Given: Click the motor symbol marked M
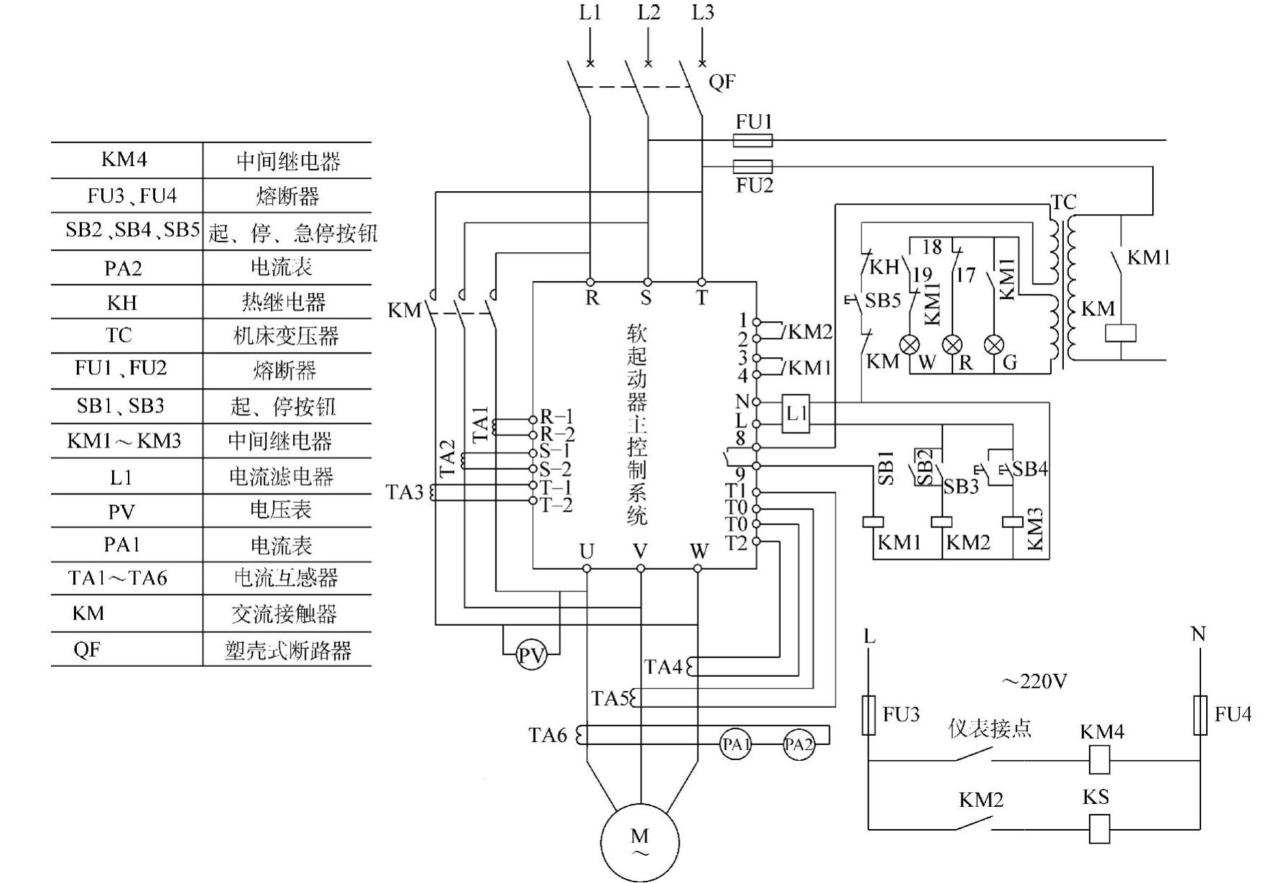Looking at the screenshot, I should click(x=639, y=842).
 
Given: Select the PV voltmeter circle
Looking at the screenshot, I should click(x=532, y=655).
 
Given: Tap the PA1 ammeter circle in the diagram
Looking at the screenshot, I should click(x=736, y=744).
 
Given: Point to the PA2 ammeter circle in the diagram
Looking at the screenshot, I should click(x=798, y=744).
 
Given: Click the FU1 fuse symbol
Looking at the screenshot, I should click(x=753, y=140).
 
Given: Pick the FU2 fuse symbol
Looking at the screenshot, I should click(x=753, y=167).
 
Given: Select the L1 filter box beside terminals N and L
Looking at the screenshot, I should click(x=796, y=413).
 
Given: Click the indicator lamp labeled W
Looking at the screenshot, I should click(x=909, y=345).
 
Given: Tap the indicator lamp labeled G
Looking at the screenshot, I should click(x=994, y=345).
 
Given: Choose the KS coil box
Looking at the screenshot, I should click(x=1100, y=828).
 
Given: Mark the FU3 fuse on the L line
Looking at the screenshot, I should click(x=869, y=715).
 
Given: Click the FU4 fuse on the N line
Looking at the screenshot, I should click(x=1200, y=715).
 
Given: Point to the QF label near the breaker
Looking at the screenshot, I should click(x=721, y=82).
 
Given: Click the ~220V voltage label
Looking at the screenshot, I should click(x=1034, y=680).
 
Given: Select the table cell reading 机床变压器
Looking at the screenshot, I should click(x=286, y=336).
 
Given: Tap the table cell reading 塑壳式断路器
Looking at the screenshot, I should click(x=287, y=650).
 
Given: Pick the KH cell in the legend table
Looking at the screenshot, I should click(x=122, y=302).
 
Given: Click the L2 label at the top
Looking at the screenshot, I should click(x=648, y=13).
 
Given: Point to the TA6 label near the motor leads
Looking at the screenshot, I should click(x=547, y=735).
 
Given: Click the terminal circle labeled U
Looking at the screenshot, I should click(x=587, y=568).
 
